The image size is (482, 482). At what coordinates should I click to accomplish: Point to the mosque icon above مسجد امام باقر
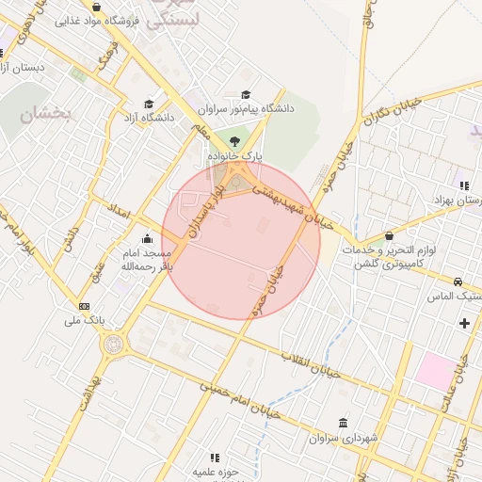(146, 240)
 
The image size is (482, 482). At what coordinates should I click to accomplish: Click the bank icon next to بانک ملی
(85, 306)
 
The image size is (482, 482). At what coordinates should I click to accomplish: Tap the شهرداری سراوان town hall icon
(341, 423)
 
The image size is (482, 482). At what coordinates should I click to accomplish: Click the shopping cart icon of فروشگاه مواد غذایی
(72, 20)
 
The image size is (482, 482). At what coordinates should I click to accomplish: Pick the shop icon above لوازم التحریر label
(390, 236)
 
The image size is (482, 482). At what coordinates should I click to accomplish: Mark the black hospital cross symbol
(463, 324)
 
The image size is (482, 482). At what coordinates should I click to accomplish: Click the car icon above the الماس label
(458, 281)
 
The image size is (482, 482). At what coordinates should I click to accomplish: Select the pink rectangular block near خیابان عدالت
(434, 369)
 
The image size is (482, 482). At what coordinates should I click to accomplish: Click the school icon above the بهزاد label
(462, 185)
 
